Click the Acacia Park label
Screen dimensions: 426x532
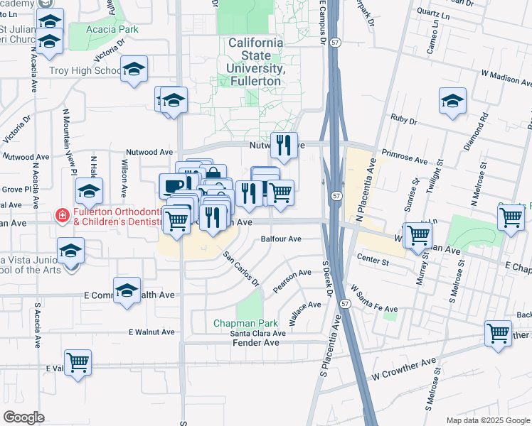tap(112, 29)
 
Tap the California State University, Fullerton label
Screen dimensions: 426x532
tap(255, 62)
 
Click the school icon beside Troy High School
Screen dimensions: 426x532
tap(133, 70)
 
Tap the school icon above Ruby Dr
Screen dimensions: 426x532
tap(452, 102)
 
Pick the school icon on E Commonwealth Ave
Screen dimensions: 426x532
tap(127, 291)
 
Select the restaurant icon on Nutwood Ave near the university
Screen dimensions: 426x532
tap(284, 146)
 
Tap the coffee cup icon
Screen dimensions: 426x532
tap(172, 187)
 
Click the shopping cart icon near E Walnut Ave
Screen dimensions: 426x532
tap(78, 363)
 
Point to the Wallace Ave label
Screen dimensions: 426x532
tap(306, 310)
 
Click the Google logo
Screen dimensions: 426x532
tap(24, 417)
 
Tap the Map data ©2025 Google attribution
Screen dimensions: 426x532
tap(487, 420)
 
